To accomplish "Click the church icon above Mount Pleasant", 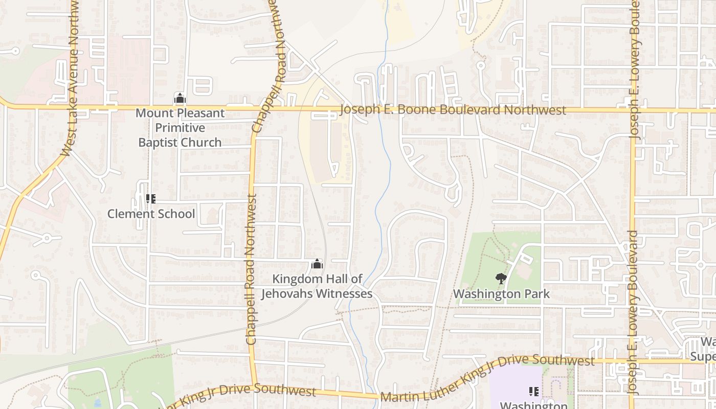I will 180,98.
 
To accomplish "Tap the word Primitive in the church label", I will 180,128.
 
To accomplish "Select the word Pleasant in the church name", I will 202,113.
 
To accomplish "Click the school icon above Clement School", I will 151,198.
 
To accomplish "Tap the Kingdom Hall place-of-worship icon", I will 317,264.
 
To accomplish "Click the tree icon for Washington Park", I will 501,279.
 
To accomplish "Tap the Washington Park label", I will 501,294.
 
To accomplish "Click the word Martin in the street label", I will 398,396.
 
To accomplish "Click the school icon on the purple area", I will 534,392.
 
